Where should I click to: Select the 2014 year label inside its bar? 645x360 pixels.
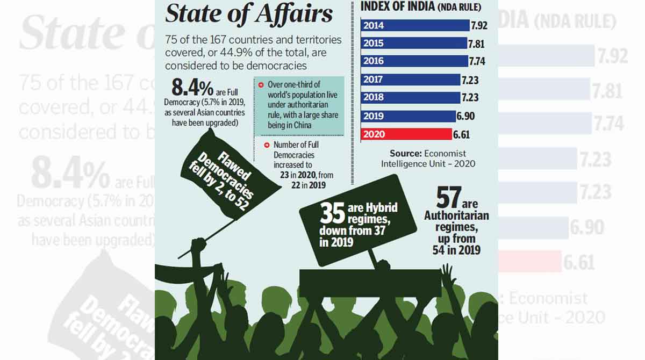(x=373, y=25)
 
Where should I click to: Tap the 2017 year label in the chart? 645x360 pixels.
(x=373, y=80)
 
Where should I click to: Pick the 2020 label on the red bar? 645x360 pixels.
(x=373, y=134)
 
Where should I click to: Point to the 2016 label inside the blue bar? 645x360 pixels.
(x=373, y=61)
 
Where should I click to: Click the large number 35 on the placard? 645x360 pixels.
(x=332, y=213)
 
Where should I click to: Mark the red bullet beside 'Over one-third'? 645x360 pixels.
(x=260, y=85)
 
